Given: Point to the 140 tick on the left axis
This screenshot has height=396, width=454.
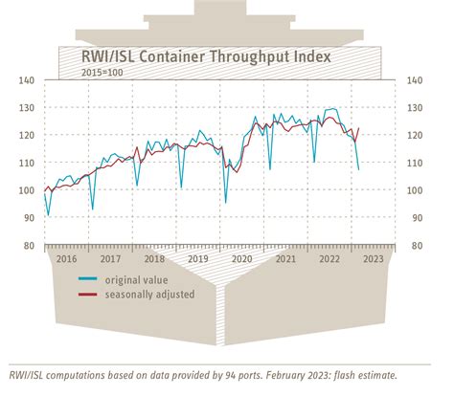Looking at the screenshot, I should [x=29, y=79].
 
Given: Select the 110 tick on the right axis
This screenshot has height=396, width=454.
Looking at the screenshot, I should [x=417, y=163].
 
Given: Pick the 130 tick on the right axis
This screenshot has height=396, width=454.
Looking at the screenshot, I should [x=417, y=107].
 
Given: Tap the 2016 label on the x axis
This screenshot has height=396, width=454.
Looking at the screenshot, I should [x=66, y=257].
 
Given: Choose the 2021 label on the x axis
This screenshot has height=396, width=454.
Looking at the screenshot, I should [x=284, y=257].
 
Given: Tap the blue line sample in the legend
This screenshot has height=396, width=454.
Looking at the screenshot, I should [x=93, y=279].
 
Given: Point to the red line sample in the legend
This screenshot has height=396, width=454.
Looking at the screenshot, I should [x=93, y=295].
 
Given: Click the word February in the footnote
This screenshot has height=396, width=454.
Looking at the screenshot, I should [x=297, y=375].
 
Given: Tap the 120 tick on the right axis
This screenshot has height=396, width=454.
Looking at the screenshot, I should [x=417, y=135].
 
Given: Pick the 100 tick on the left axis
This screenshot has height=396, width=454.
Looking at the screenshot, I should [x=29, y=190].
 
